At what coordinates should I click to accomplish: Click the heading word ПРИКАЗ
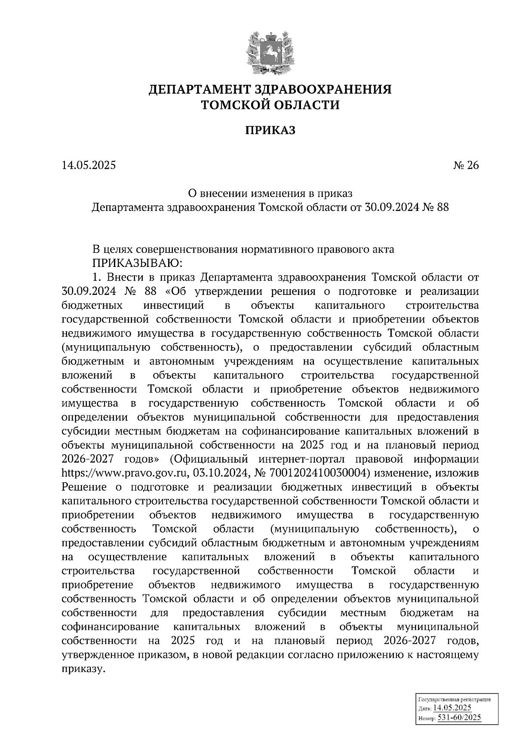[270, 130]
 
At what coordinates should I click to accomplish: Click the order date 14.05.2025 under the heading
[89, 165]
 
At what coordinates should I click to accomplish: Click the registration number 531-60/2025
[459, 717]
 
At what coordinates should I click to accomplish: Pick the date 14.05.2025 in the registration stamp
[452, 708]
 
